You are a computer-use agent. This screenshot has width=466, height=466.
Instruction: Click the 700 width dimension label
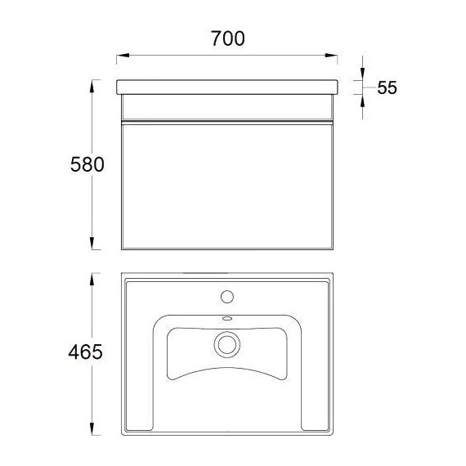228,38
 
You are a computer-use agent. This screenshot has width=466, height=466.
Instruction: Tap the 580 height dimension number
87,164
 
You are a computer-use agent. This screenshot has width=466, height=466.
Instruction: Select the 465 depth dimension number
85,352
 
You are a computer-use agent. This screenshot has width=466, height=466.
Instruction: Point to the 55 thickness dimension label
387,87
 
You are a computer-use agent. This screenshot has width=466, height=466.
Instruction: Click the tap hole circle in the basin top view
227,297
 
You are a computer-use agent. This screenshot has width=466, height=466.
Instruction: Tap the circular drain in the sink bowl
227,344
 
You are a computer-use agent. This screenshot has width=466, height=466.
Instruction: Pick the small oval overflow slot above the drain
227,319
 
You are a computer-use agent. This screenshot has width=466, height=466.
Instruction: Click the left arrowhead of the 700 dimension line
123,56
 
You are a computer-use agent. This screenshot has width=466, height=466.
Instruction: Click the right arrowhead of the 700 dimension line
331,56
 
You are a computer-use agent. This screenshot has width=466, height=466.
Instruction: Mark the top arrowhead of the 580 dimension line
92,86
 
